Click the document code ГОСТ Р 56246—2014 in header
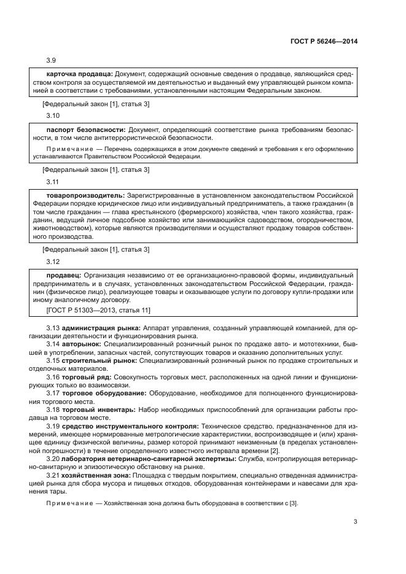coord(324,42)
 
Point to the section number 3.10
coord(53,115)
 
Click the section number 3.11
coord(53,182)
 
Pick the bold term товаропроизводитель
coord(85,195)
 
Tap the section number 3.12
coord(53,261)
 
